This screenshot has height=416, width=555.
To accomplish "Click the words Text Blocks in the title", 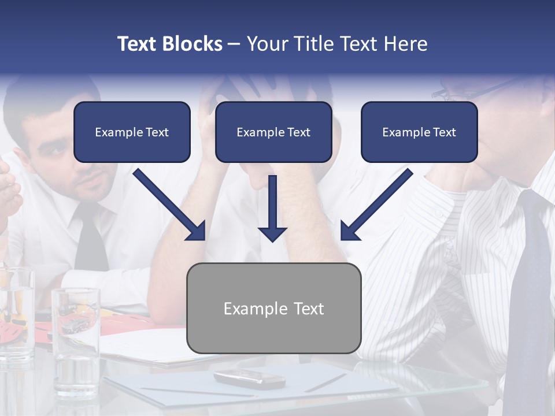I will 169,44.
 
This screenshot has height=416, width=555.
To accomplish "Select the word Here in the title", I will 404,44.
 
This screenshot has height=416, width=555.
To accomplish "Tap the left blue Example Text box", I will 132,132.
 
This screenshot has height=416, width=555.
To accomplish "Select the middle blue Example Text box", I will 273,132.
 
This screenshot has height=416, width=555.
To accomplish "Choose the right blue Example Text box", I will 419,132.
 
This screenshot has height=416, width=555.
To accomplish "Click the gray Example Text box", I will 273,309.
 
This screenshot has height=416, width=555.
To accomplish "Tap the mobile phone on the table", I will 249,378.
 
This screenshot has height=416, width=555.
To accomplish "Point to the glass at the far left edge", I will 14,312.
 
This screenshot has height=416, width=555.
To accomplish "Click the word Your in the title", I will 268,44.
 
